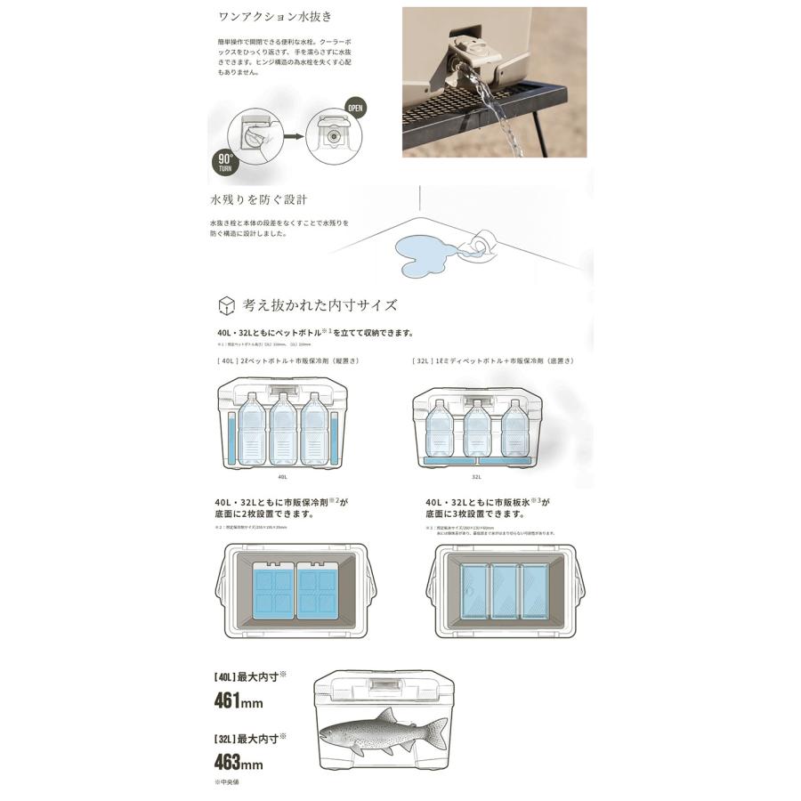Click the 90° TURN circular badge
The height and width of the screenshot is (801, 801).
[224, 162]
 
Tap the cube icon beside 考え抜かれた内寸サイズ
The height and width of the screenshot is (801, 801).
[226, 305]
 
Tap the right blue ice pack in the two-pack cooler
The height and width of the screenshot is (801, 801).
[318, 593]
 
